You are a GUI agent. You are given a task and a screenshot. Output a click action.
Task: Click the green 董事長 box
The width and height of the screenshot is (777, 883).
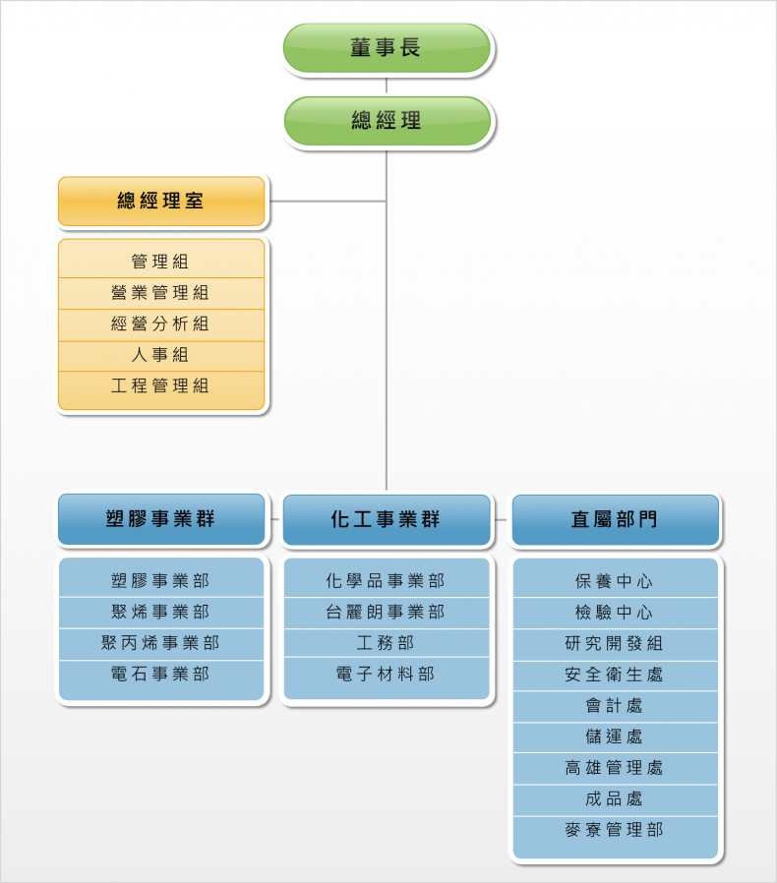[387, 48]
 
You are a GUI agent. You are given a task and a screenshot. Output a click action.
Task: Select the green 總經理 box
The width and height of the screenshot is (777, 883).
[387, 121]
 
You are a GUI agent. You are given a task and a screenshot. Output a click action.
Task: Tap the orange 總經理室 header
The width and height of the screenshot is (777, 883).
[161, 201]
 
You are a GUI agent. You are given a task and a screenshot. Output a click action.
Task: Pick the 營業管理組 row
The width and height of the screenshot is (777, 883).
[161, 293]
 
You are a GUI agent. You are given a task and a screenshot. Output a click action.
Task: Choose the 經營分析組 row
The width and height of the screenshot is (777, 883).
[161, 324]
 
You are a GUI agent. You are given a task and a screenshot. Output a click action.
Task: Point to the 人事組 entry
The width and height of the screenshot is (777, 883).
[161, 355]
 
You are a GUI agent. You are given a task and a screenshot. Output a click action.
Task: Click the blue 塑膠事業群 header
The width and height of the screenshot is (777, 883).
[161, 519]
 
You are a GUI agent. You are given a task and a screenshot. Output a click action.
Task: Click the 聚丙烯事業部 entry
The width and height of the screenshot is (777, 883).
[161, 644]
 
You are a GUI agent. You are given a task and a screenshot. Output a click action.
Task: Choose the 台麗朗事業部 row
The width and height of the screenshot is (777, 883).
[387, 613]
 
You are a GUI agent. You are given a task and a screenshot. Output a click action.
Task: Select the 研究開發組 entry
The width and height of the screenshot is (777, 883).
[616, 644]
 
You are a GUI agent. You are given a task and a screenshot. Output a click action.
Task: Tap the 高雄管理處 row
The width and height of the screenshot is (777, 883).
[616, 768]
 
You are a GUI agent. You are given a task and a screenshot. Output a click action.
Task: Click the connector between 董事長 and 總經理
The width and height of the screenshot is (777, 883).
[387, 85]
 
